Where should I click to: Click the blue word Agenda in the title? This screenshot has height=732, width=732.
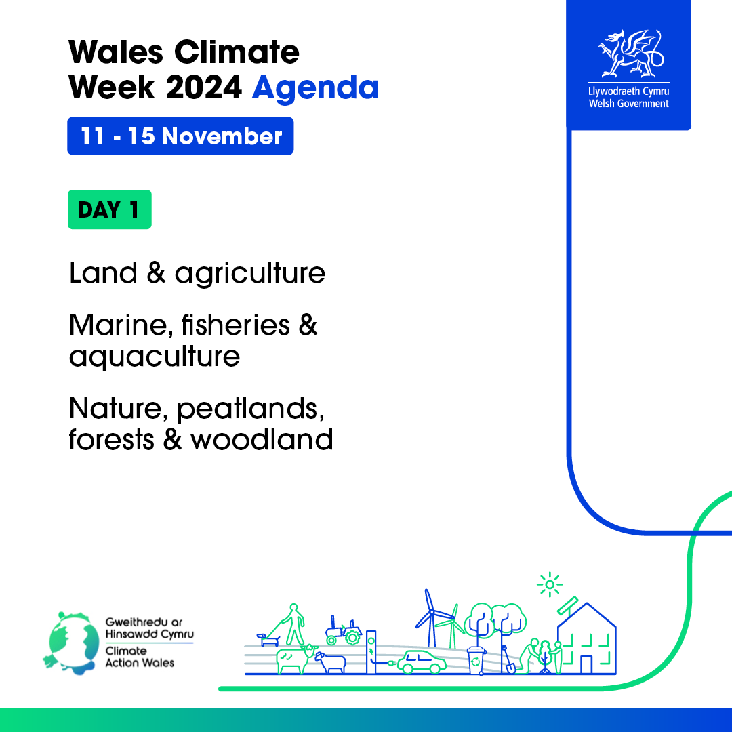[x=315, y=88]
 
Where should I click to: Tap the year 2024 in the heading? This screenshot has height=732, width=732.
[x=203, y=87]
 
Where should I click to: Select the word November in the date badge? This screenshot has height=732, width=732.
[x=222, y=136]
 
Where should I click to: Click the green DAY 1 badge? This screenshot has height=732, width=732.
[x=110, y=209]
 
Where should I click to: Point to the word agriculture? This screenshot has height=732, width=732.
[x=249, y=274]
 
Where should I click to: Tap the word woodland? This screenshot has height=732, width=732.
[x=262, y=440]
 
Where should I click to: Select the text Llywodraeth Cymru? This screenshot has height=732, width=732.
[x=628, y=91]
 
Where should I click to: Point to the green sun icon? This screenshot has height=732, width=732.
[x=550, y=584]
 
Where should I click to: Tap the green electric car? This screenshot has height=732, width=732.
[x=422, y=662]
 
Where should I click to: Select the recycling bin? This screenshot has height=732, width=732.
[x=476, y=660]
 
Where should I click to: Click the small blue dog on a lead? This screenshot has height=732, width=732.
[x=268, y=639]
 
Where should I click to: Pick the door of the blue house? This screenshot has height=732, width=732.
[x=586, y=664]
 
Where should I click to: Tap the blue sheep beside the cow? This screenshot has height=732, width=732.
[x=330, y=662]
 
